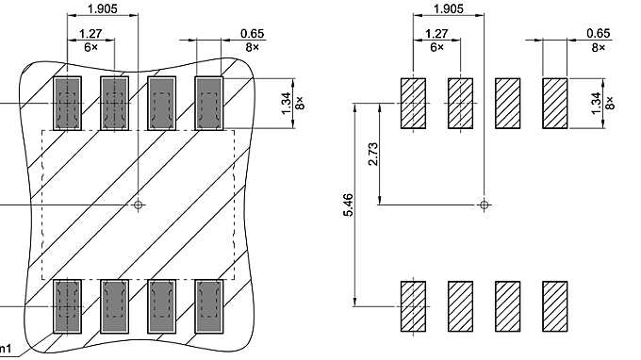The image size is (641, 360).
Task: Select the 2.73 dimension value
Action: click(x=373, y=155)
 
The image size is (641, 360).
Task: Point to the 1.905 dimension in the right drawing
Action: click(x=448, y=9)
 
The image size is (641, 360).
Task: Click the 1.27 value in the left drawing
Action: click(x=91, y=34)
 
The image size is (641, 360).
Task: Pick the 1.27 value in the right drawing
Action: click(x=437, y=34)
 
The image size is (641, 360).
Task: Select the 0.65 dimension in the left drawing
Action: click(x=251, y=34)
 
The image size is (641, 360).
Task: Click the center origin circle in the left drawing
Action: click(x=139, y=204)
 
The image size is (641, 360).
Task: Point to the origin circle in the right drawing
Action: click(x=484, y=204)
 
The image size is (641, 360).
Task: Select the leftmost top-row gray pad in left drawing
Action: click(x=67, y=102)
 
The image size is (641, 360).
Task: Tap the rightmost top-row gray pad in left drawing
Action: click(x=207, y=102)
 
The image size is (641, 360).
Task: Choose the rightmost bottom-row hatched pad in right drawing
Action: click(x=554, y=306)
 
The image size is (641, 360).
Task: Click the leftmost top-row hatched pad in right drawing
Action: click(x=414, y=103)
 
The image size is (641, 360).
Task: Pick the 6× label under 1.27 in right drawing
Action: click(x=437, y=46)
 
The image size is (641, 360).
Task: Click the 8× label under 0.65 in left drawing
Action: click(x=251, y=46)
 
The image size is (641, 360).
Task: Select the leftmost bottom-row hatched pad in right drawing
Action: click(x=414, y=306)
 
